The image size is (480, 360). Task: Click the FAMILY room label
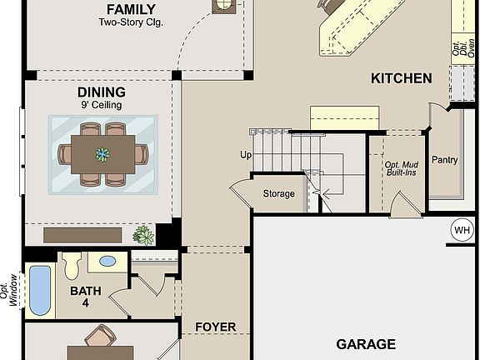point(131,9)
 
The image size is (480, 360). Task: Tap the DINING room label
point(102,92)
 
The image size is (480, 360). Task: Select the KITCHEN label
point(401,78)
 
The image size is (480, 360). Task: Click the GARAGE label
point(365,343)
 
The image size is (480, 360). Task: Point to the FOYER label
point(215,327)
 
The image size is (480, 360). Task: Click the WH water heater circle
point(462,229)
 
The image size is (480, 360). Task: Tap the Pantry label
point(444,160)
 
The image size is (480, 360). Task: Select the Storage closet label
point(278,194)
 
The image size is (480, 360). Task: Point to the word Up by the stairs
point(246,155)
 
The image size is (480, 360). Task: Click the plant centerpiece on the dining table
point(102,154)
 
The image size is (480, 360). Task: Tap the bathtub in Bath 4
point(40,289)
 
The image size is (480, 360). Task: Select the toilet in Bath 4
point(71,264)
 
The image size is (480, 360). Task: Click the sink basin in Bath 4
point(107,261)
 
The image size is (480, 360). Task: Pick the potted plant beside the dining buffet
point(144,235)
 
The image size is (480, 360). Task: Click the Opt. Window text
point(12,290)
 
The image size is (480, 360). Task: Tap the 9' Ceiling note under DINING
point(102,105)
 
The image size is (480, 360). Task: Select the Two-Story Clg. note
point(131,22)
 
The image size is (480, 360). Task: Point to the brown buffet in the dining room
point(83,235)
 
